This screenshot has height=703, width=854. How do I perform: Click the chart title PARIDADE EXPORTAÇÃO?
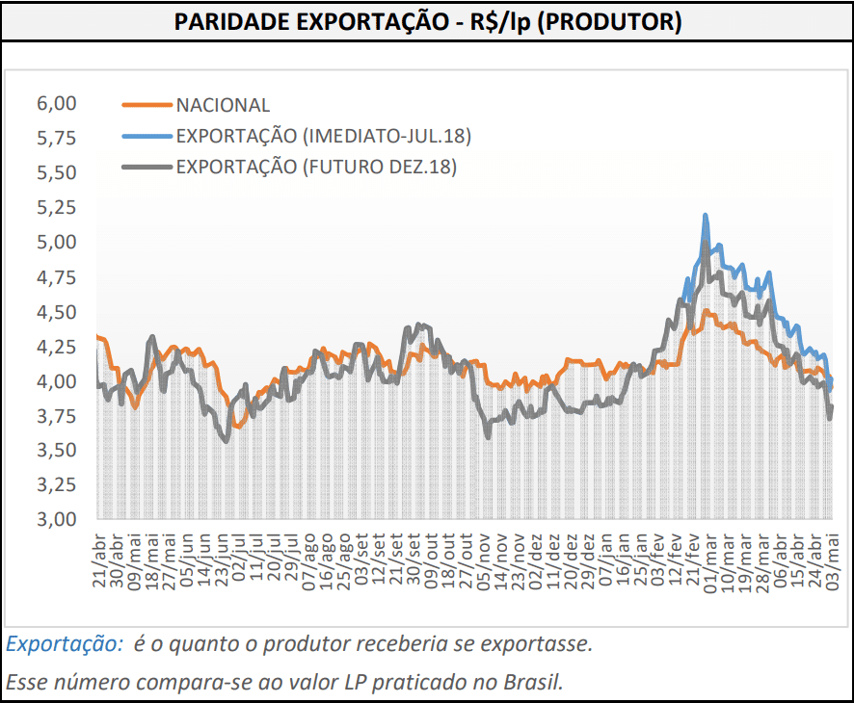point(427,21)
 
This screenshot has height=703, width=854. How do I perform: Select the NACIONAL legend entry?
point(223,105)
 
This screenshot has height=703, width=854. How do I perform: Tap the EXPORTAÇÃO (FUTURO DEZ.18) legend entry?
point(315,167)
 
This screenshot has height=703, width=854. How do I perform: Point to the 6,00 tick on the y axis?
point(56,103)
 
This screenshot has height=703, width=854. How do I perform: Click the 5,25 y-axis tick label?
point(56,207)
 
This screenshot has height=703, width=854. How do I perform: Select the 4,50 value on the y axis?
point(56,312)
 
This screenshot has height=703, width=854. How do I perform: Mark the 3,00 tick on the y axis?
point(56,520)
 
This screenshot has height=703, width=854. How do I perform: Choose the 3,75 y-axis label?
point(56,416)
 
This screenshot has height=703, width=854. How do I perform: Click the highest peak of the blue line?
point(706,216)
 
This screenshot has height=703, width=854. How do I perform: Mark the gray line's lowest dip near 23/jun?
point(226,440)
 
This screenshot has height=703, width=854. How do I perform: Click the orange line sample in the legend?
point(146,105)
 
